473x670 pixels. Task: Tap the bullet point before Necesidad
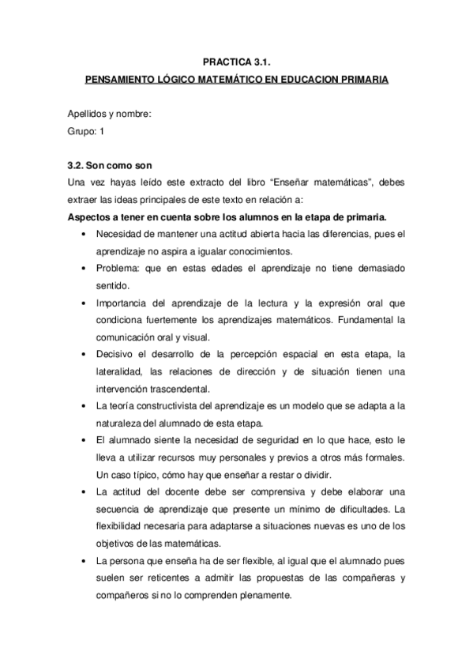(x=84, y=235)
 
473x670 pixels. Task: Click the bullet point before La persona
(x=84, y=561)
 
